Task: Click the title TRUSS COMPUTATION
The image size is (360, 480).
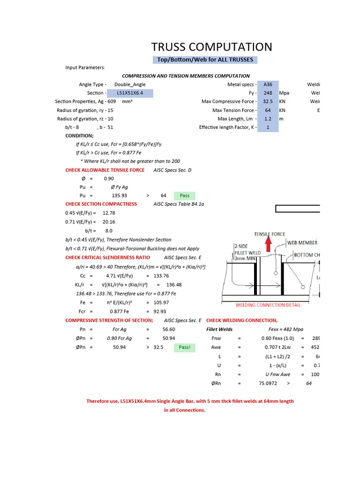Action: click(x=211, y=47)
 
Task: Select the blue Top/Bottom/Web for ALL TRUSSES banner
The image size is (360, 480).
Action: click(x=205, y=60)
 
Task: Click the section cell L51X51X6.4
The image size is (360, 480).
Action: click(x=130, y=93)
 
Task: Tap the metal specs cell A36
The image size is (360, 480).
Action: click(x=268, y=84)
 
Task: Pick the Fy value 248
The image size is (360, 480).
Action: click(x=268, y=93)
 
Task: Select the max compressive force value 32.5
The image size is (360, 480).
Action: click(x=268, y=101)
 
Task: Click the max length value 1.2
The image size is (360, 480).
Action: click(x=268, y=119)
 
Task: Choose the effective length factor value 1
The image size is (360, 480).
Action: click(x=268, y=127)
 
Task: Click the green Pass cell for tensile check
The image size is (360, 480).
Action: click(x=185, y=195)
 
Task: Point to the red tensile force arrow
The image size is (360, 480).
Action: click(x=268, y=244)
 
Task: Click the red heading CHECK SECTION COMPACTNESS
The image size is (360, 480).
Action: click(x=101, y=204)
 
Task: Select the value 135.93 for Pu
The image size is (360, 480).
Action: click(x=120, y=195)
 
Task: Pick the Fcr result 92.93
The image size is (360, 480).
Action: click(x=160, y=311)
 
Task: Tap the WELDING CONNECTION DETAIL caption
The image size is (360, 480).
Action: click(x=268, y=305)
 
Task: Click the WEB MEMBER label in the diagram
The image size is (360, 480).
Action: click(x=302, y=242)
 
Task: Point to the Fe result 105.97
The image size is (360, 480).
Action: click(x=160, y=302)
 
